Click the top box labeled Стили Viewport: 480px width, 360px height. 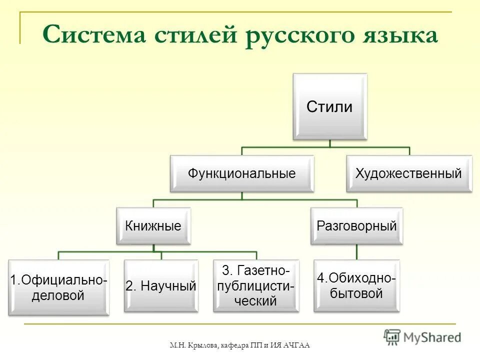(x=329, y=106)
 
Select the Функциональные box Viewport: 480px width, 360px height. (x=242, y=173)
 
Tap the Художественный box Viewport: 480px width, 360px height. (x=408, y=173)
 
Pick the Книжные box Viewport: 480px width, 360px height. (x=153, y=226)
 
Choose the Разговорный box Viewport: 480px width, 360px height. (x=356, y=226)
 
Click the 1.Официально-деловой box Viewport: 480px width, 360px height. (x=58, y=287)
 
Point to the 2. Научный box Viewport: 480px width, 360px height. (x=161, y=286)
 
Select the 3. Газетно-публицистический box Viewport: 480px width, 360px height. (x=256, y=286)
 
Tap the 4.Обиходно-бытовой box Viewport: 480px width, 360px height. (x=356, y=285)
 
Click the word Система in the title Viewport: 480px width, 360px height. (x=95, y=35)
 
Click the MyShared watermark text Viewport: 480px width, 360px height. (x=432, y=337)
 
